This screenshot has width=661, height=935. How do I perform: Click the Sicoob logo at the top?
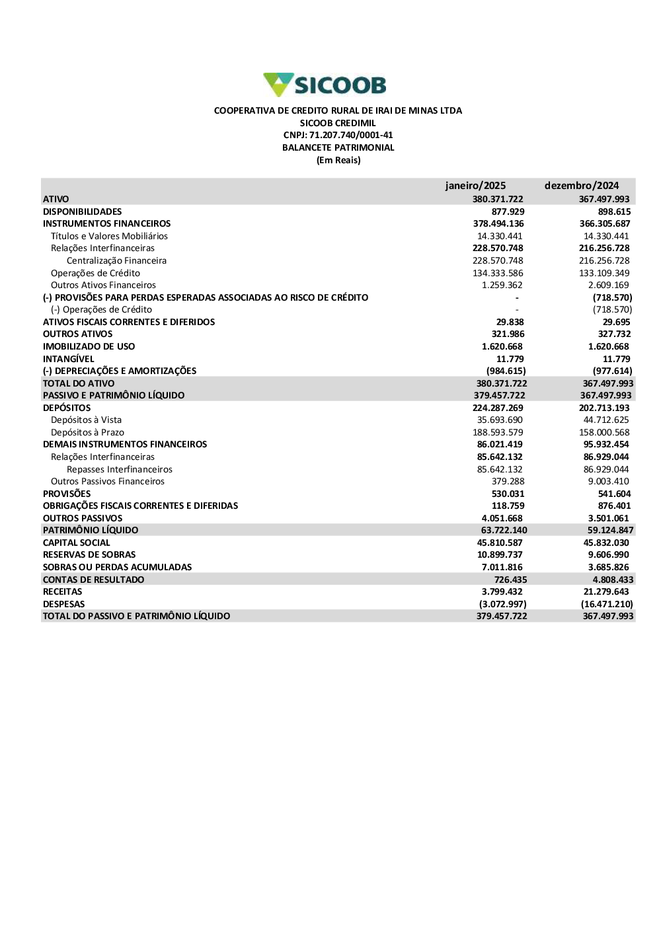pyautogui.click(x=325, y=85)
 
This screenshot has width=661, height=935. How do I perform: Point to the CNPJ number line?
pyautogui.click(x=338, y=135)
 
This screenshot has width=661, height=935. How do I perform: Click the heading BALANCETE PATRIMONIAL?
pyautogui.click(x=338, y=148)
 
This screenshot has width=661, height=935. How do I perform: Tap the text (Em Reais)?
pyautogui.click(x=338, y=161)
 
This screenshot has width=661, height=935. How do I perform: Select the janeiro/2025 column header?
pyautogui.click(x=475, y=186)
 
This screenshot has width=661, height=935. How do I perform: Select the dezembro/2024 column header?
pyautogui.click(x=582, y=186)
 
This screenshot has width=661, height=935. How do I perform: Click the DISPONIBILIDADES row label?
pyautogui.click(x=83, y=212)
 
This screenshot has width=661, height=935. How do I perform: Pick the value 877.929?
pyautogui.click(x=508, y=212)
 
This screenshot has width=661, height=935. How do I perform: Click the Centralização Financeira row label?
pyautogui.click(x=116, y=261)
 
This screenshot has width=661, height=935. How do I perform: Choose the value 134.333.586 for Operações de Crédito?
pyautogui.click(x=498, y=274)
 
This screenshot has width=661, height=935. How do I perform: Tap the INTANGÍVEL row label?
pyautogui.click(x=69, y=359)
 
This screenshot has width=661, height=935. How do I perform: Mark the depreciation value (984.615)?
pyautogui.click(x=506, y=371)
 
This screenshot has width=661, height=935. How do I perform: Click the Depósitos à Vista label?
pyautogui.click(x=86, y=420)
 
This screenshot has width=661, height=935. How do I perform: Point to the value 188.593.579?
pyautogui.click(x=498, y=433)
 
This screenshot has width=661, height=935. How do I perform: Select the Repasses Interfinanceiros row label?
pyautogui.click(x=120, y=470)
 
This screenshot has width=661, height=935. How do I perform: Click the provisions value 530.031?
pyautogui.click(x=508, y=494)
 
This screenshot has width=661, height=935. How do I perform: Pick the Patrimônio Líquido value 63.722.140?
pyautogui.click(x=504, y=531)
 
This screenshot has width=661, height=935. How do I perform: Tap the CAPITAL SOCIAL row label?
pyautogui.click(x=77, y=543)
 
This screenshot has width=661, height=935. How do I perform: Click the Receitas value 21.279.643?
pyautogui.click(x=606, y=592)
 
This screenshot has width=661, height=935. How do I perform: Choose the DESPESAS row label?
pyautogui.click(x=64, y=605)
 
